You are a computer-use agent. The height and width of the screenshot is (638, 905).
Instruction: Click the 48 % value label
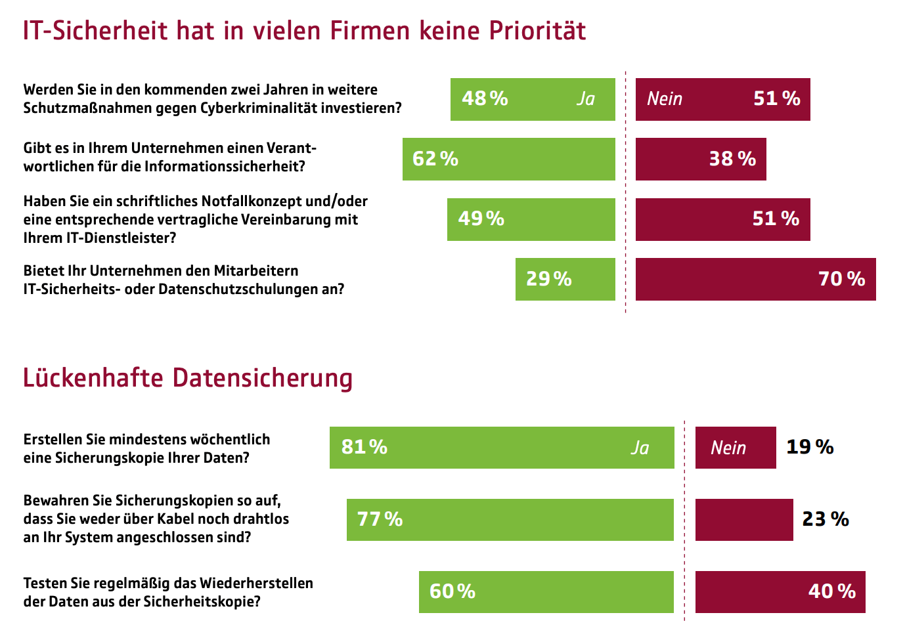[485, 98]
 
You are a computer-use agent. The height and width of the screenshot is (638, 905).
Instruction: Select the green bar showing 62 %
[508, 159]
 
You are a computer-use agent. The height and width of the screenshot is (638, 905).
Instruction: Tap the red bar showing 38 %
[700, 159]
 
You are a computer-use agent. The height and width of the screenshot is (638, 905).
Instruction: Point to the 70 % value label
[841, 279]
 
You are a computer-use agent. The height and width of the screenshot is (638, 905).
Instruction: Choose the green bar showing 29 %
[565, 279]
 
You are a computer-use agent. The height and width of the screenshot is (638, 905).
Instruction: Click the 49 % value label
[481, 219]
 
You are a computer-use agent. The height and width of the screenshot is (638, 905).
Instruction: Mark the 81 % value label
[364, 447]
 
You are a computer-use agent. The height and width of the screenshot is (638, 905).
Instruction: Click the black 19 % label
[810, 447]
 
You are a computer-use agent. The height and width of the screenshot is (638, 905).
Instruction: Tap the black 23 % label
[826, 519]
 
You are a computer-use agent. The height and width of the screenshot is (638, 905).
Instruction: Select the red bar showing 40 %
[780, 591]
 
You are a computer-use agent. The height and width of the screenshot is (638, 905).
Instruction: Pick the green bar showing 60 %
[546, 591]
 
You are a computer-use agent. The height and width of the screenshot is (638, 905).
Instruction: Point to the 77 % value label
[380, 519]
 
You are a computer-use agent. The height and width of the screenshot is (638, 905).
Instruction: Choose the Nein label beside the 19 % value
[728, 448]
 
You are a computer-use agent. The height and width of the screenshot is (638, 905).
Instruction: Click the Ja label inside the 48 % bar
[585, 98]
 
